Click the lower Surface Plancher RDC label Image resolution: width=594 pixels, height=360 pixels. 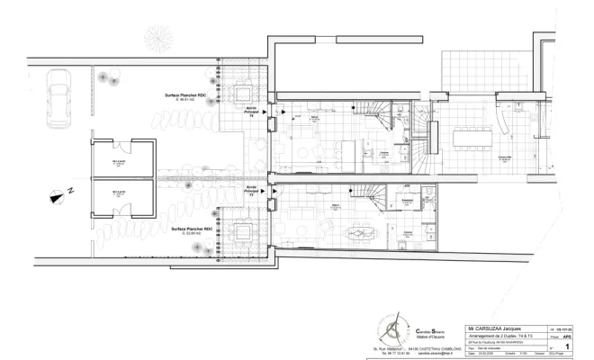[188, 229]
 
